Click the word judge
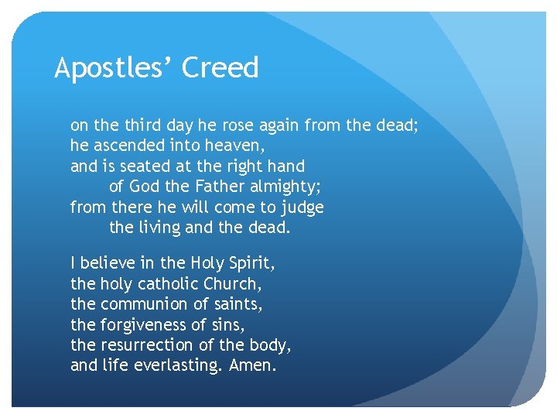302,208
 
